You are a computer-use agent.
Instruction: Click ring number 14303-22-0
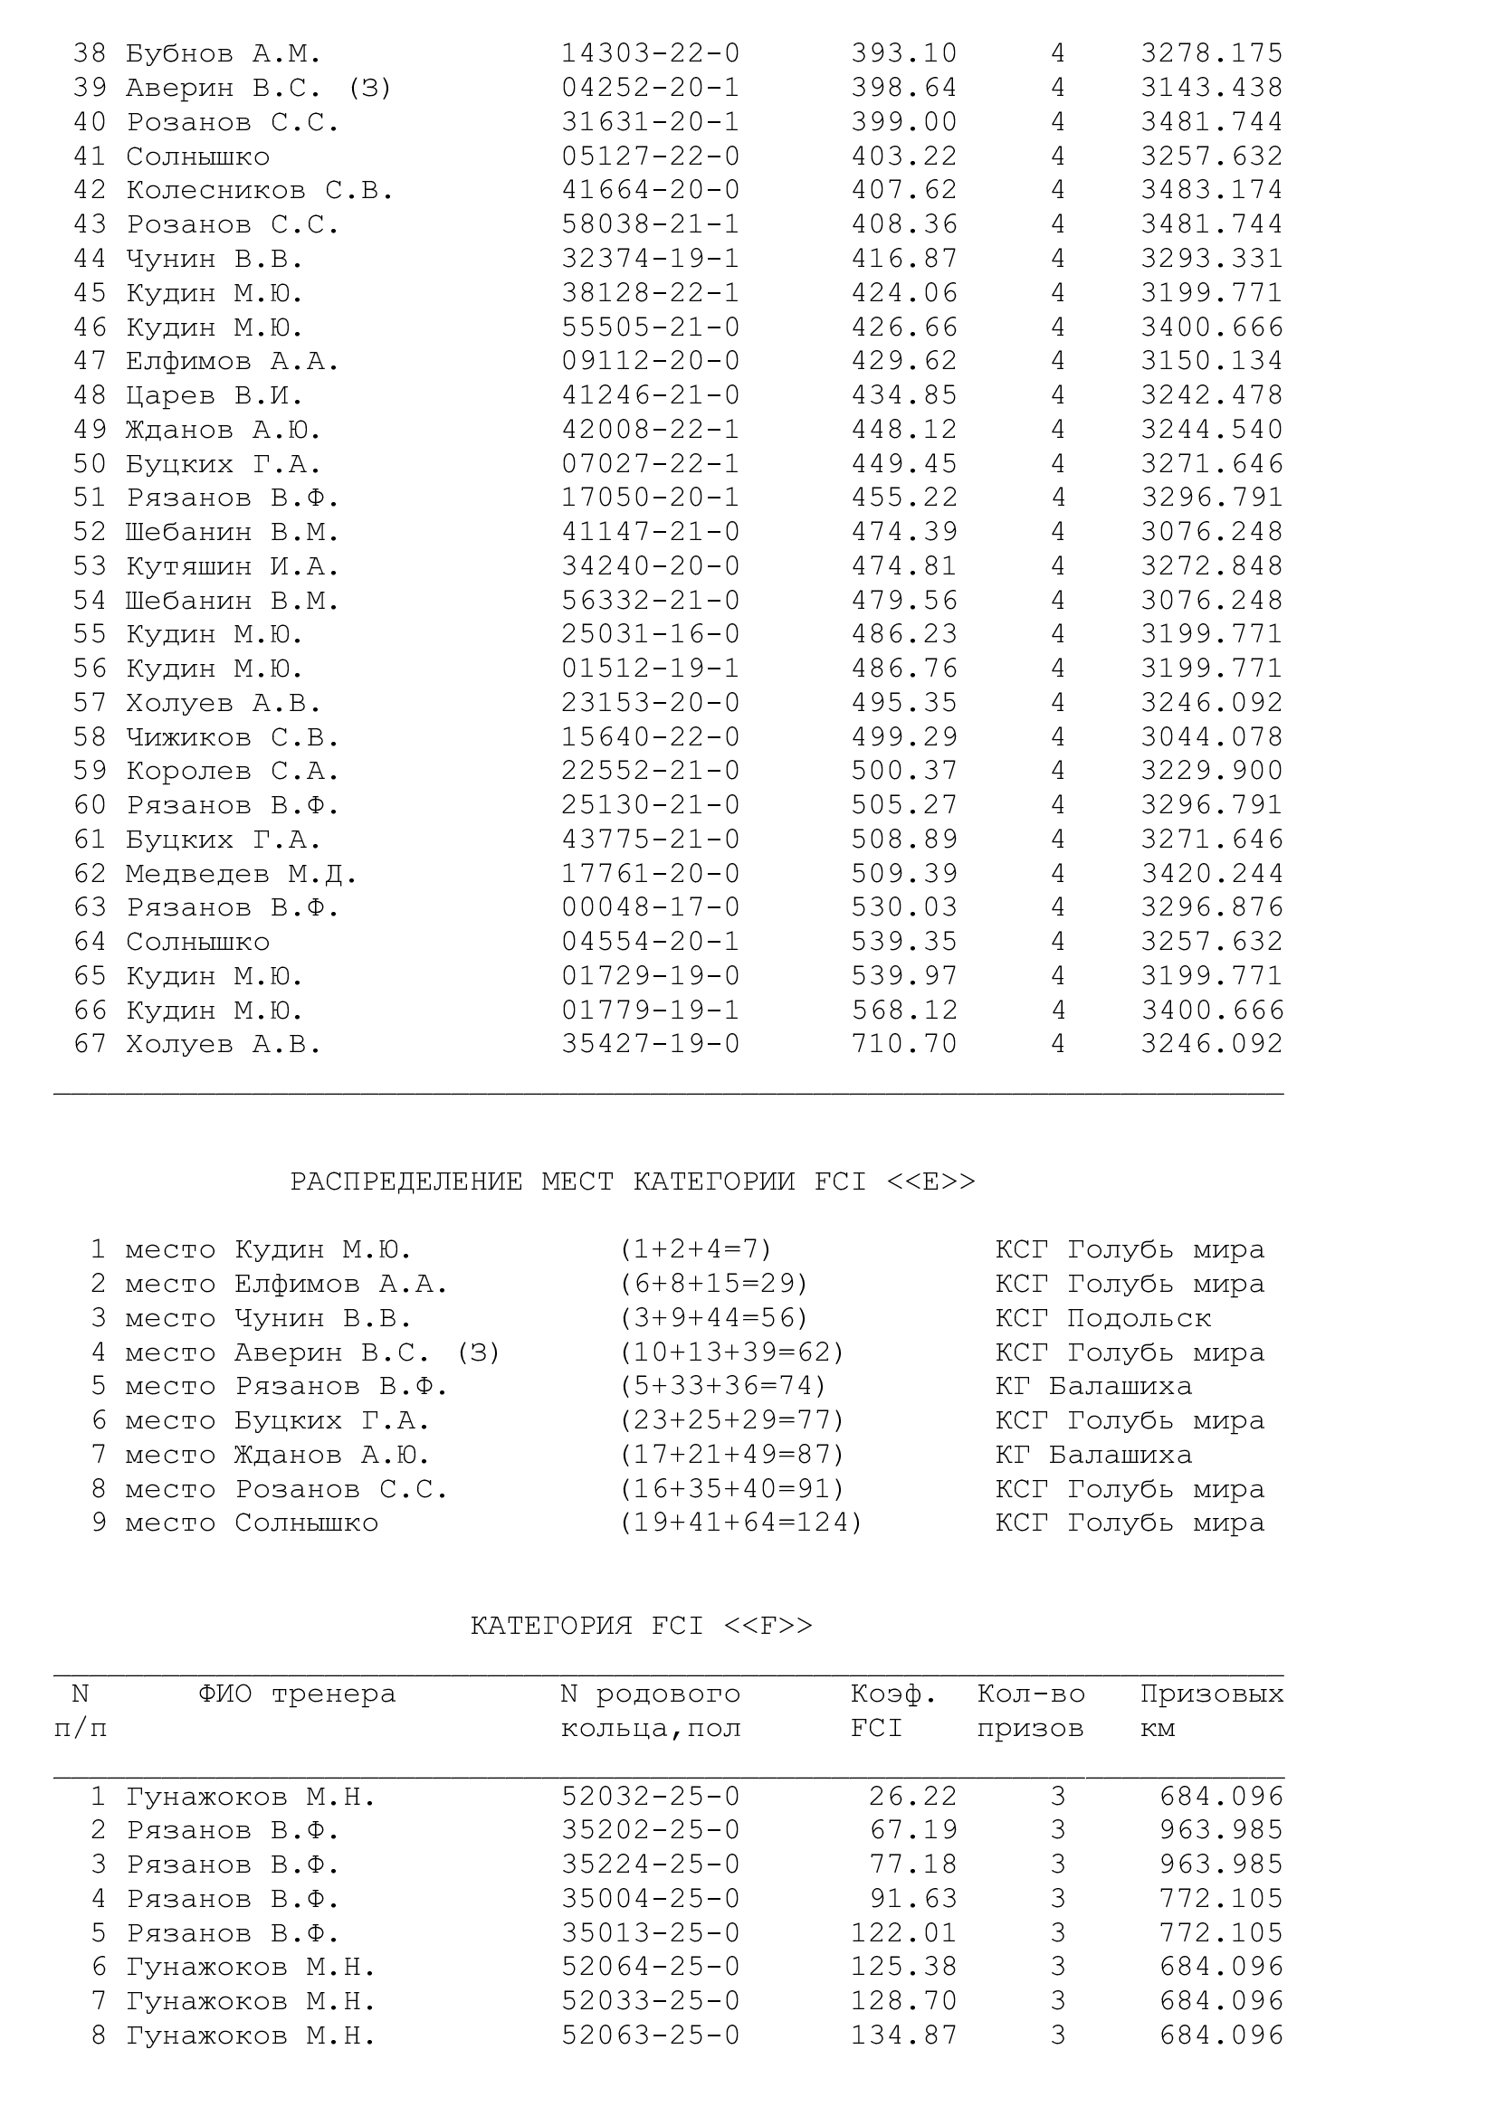point(651,53)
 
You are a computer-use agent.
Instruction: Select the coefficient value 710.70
point(903,1044)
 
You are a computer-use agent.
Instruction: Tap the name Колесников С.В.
point(260,191)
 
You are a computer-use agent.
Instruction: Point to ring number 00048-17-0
point(651,907)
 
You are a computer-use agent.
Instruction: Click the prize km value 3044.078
point(1211,737)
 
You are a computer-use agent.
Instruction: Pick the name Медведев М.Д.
point(242,874)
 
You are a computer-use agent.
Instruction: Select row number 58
point(91,737)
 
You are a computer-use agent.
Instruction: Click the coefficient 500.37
point(903,771)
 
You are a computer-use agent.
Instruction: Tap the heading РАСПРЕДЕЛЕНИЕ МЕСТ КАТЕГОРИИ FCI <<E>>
point(633,1182)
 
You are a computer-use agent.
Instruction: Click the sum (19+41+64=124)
point(741,1523)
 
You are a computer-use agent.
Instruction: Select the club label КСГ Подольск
point(1102,1318)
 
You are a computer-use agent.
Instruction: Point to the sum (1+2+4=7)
point(696,1249)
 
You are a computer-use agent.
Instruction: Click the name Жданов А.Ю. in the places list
point(332,1456)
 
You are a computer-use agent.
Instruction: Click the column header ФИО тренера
point(297,1694)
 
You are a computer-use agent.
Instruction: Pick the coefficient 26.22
point(912,1797)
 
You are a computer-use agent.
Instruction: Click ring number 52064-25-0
point(651,1967)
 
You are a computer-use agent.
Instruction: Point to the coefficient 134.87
point(903,2035)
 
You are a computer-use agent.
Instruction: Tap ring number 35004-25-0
point(651,1899)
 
